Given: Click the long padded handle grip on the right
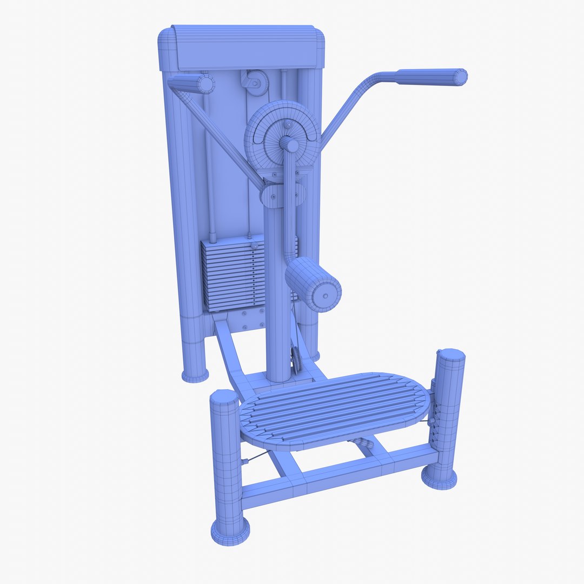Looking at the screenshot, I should click(431, 77).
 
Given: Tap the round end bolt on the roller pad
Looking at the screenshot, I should click(326, 296).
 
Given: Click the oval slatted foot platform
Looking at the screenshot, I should click(335, 411).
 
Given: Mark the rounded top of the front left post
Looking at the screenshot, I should click(224, 397).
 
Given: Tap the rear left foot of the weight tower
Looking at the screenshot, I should click(195, 375).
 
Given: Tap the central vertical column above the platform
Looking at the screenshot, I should click(277, 303).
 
